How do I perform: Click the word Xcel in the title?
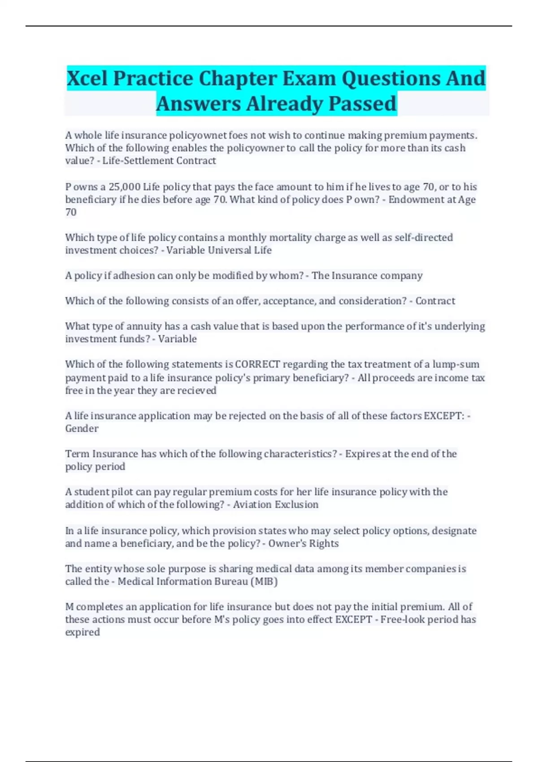pyautogui.click(x=87, y=78)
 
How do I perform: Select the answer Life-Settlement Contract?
pyautogui.click(x=159, y=160)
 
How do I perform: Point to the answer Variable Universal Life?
pyautogui.click(x=219, y=250)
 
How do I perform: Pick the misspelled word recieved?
pyautogui.click(x=197, y=390)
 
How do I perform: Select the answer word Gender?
pyautogui.click(x=82, y=429)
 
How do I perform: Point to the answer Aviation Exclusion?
pyautogui.click(x=275, y=504)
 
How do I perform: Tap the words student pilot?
pyautogui.click(x=103, y=492)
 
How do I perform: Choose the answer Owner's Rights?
pyautogui.click(x=304, y=543)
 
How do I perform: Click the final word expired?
pyautogui.click(x=82, y=632)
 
